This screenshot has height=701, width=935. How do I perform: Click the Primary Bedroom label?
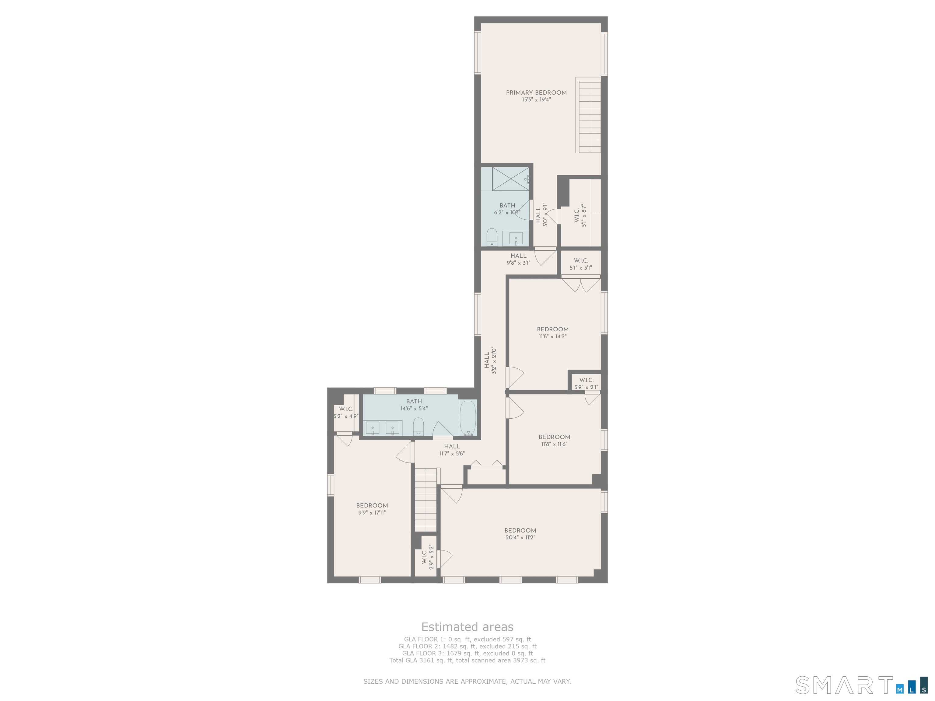(x=536, y=92)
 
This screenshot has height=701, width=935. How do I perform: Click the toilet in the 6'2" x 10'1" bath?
(x=492, y=237)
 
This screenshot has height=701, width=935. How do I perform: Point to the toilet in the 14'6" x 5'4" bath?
(x=418, y=426)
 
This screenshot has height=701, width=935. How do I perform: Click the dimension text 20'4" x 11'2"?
(x=520, y=538)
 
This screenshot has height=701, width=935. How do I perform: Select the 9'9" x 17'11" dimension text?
(x=372, y=513)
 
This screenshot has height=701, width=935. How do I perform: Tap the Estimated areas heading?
(x=467, y=627)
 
